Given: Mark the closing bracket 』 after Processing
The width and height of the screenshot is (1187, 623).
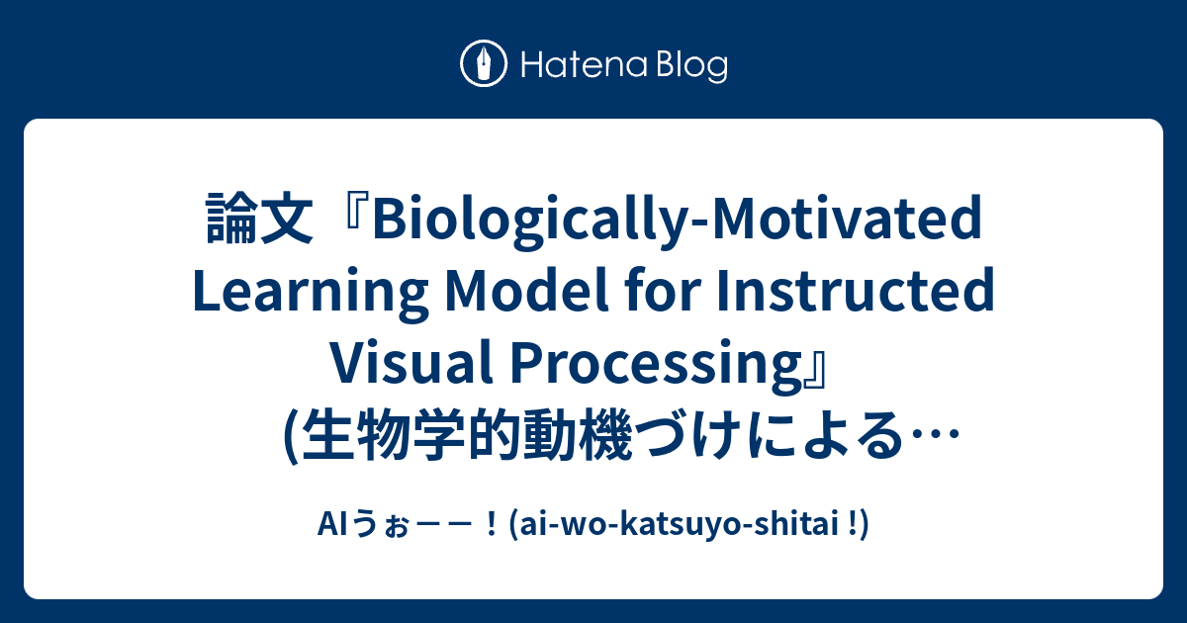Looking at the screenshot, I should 834,365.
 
